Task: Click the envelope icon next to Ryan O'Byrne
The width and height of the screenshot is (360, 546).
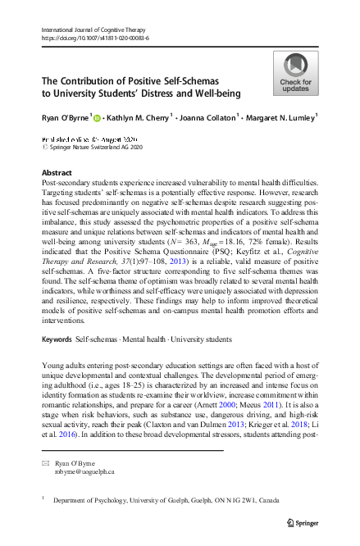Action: [x=45, y=463]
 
